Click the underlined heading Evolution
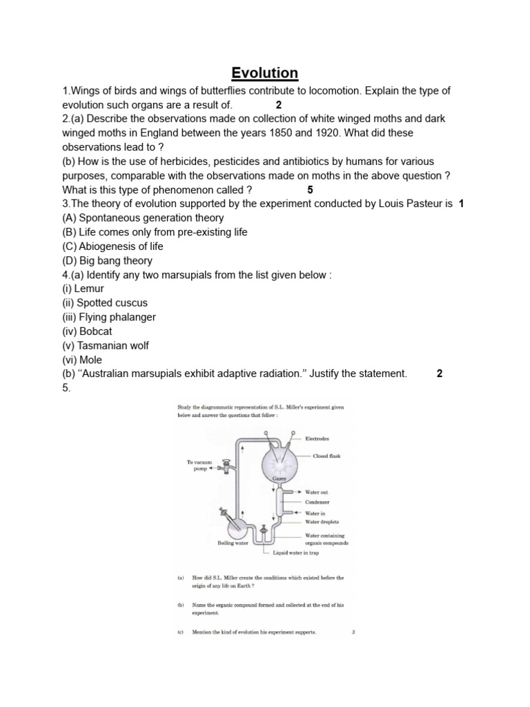265,72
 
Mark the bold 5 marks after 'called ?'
310,189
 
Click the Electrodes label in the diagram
317,438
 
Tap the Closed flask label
326,456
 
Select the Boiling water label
233,543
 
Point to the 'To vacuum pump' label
200,465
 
